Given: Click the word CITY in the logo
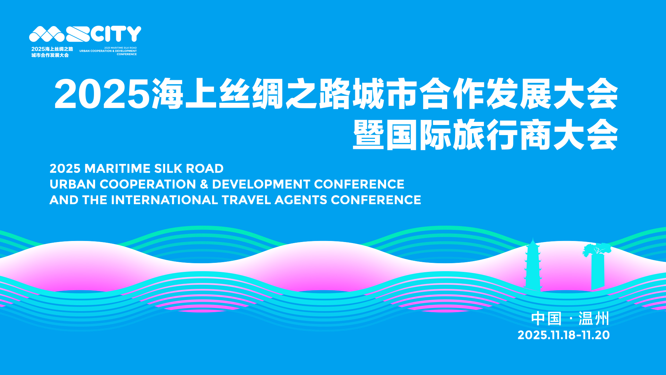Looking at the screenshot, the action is point(116,34).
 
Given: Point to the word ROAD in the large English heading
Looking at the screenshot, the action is point(205,169).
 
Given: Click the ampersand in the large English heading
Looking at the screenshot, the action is point(204,184).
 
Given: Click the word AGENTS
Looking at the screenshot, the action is point(301,200).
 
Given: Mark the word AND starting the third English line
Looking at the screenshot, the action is point(64,200).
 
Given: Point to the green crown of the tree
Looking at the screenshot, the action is point(597,249).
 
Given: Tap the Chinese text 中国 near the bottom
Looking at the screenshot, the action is point(546,319).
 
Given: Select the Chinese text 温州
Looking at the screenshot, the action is point(594,319).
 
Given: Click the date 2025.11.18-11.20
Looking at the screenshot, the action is point(564,335).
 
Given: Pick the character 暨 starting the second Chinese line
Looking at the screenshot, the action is point(368,135).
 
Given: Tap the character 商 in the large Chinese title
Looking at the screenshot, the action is point(536,135).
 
